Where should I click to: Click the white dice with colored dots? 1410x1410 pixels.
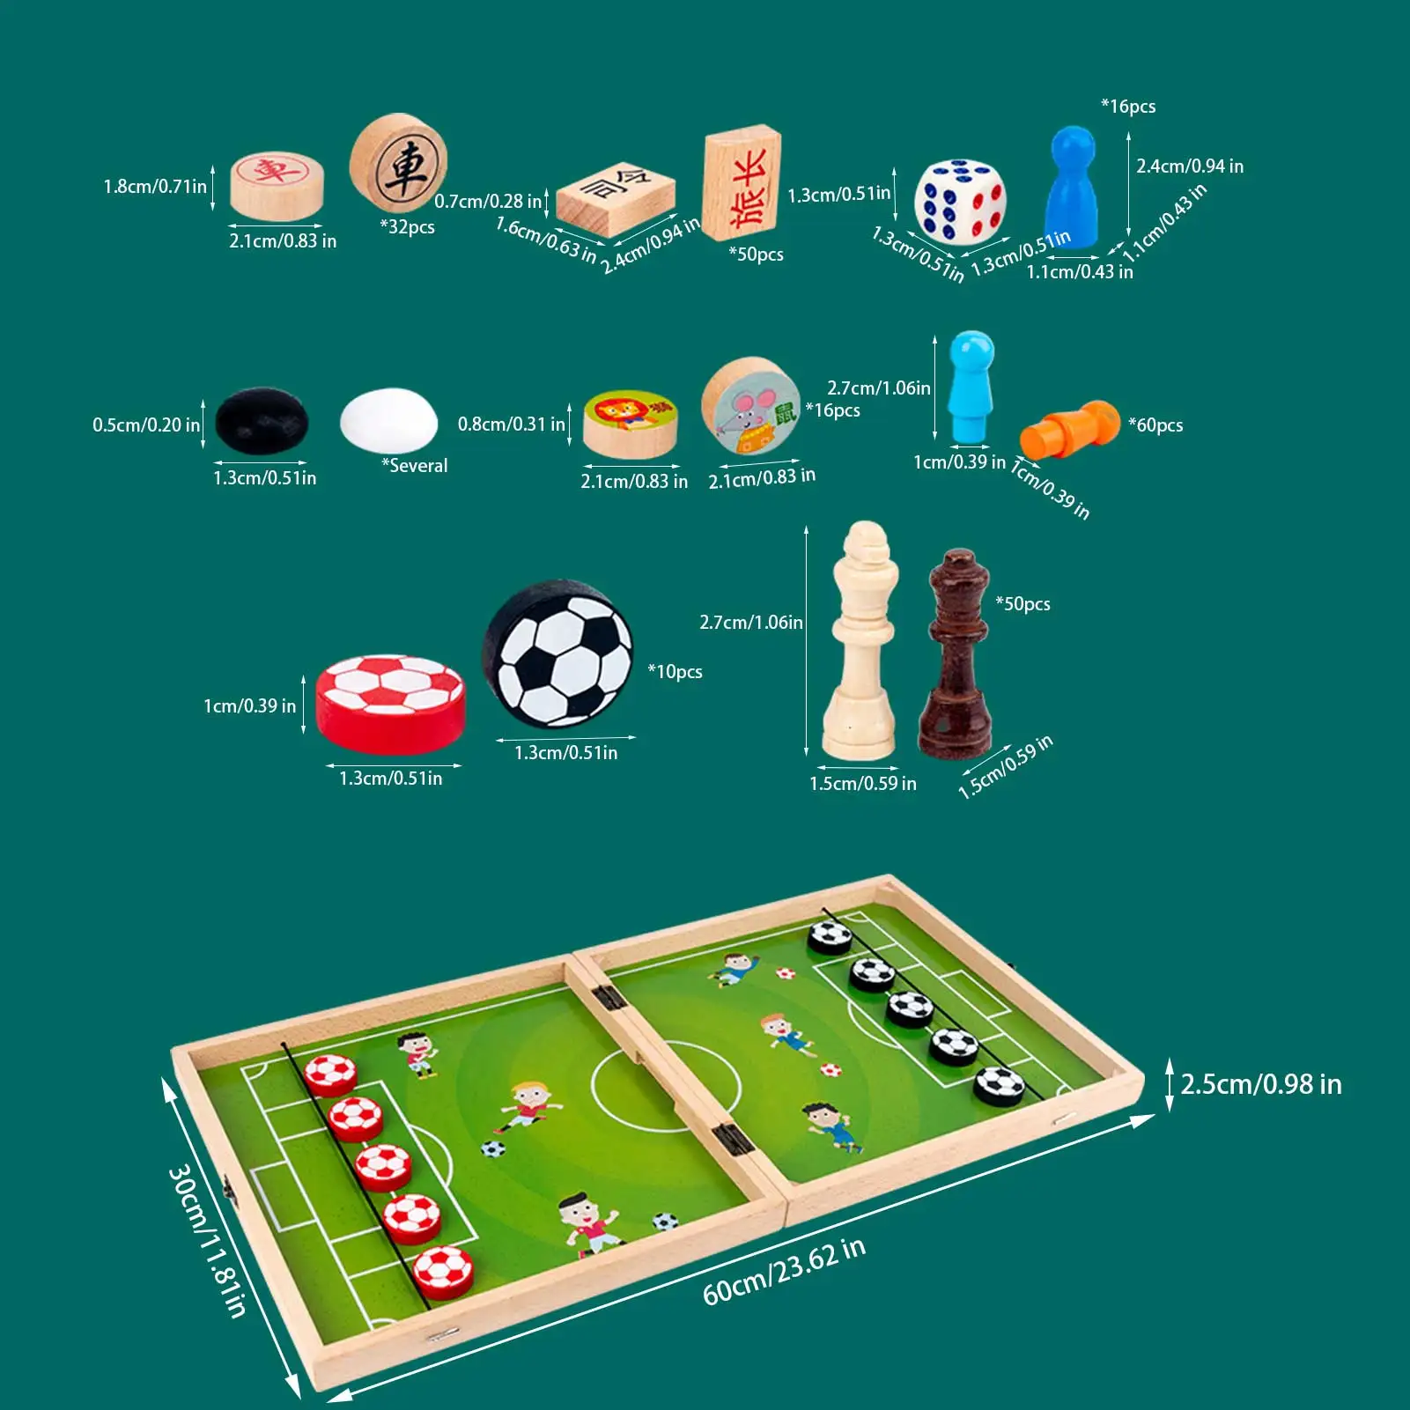point(960,202)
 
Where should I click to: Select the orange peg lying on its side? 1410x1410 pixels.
point(1068,429)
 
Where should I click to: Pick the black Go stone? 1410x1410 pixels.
point(262,422)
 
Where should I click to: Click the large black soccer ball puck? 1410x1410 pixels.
point(557,653)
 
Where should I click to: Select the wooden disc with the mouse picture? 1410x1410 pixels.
point(750,406)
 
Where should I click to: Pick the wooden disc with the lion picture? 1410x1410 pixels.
point(630,424)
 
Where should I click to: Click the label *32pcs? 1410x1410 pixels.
point(407,227)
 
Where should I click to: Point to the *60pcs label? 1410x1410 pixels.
point(1155,425)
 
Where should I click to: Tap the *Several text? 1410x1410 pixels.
point(414,466)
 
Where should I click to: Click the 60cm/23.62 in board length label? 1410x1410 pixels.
point(784,1271)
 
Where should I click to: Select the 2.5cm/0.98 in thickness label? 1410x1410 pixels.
point(1260,1084)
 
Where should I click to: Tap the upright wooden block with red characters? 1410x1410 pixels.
point(742,183)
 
